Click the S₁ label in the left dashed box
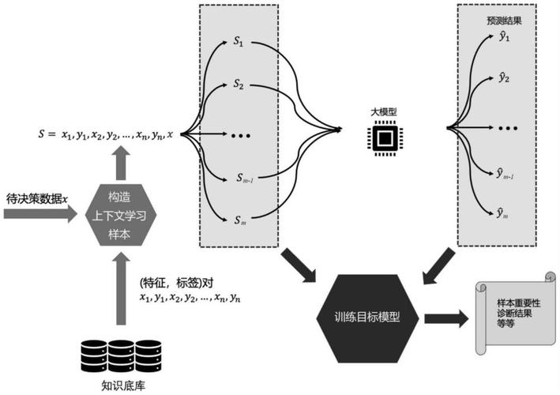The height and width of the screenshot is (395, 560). (x=238, y=43)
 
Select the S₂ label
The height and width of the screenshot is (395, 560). (x=238, y=83)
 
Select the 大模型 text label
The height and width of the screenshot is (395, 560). (x=383, y=112)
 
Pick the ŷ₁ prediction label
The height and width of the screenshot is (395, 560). (x=503, y=36)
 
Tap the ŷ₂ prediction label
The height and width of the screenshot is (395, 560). (x=503, y=77)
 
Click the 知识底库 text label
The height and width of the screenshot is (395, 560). (x=120, y=386)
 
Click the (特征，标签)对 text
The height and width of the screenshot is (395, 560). (x=177, y=282)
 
